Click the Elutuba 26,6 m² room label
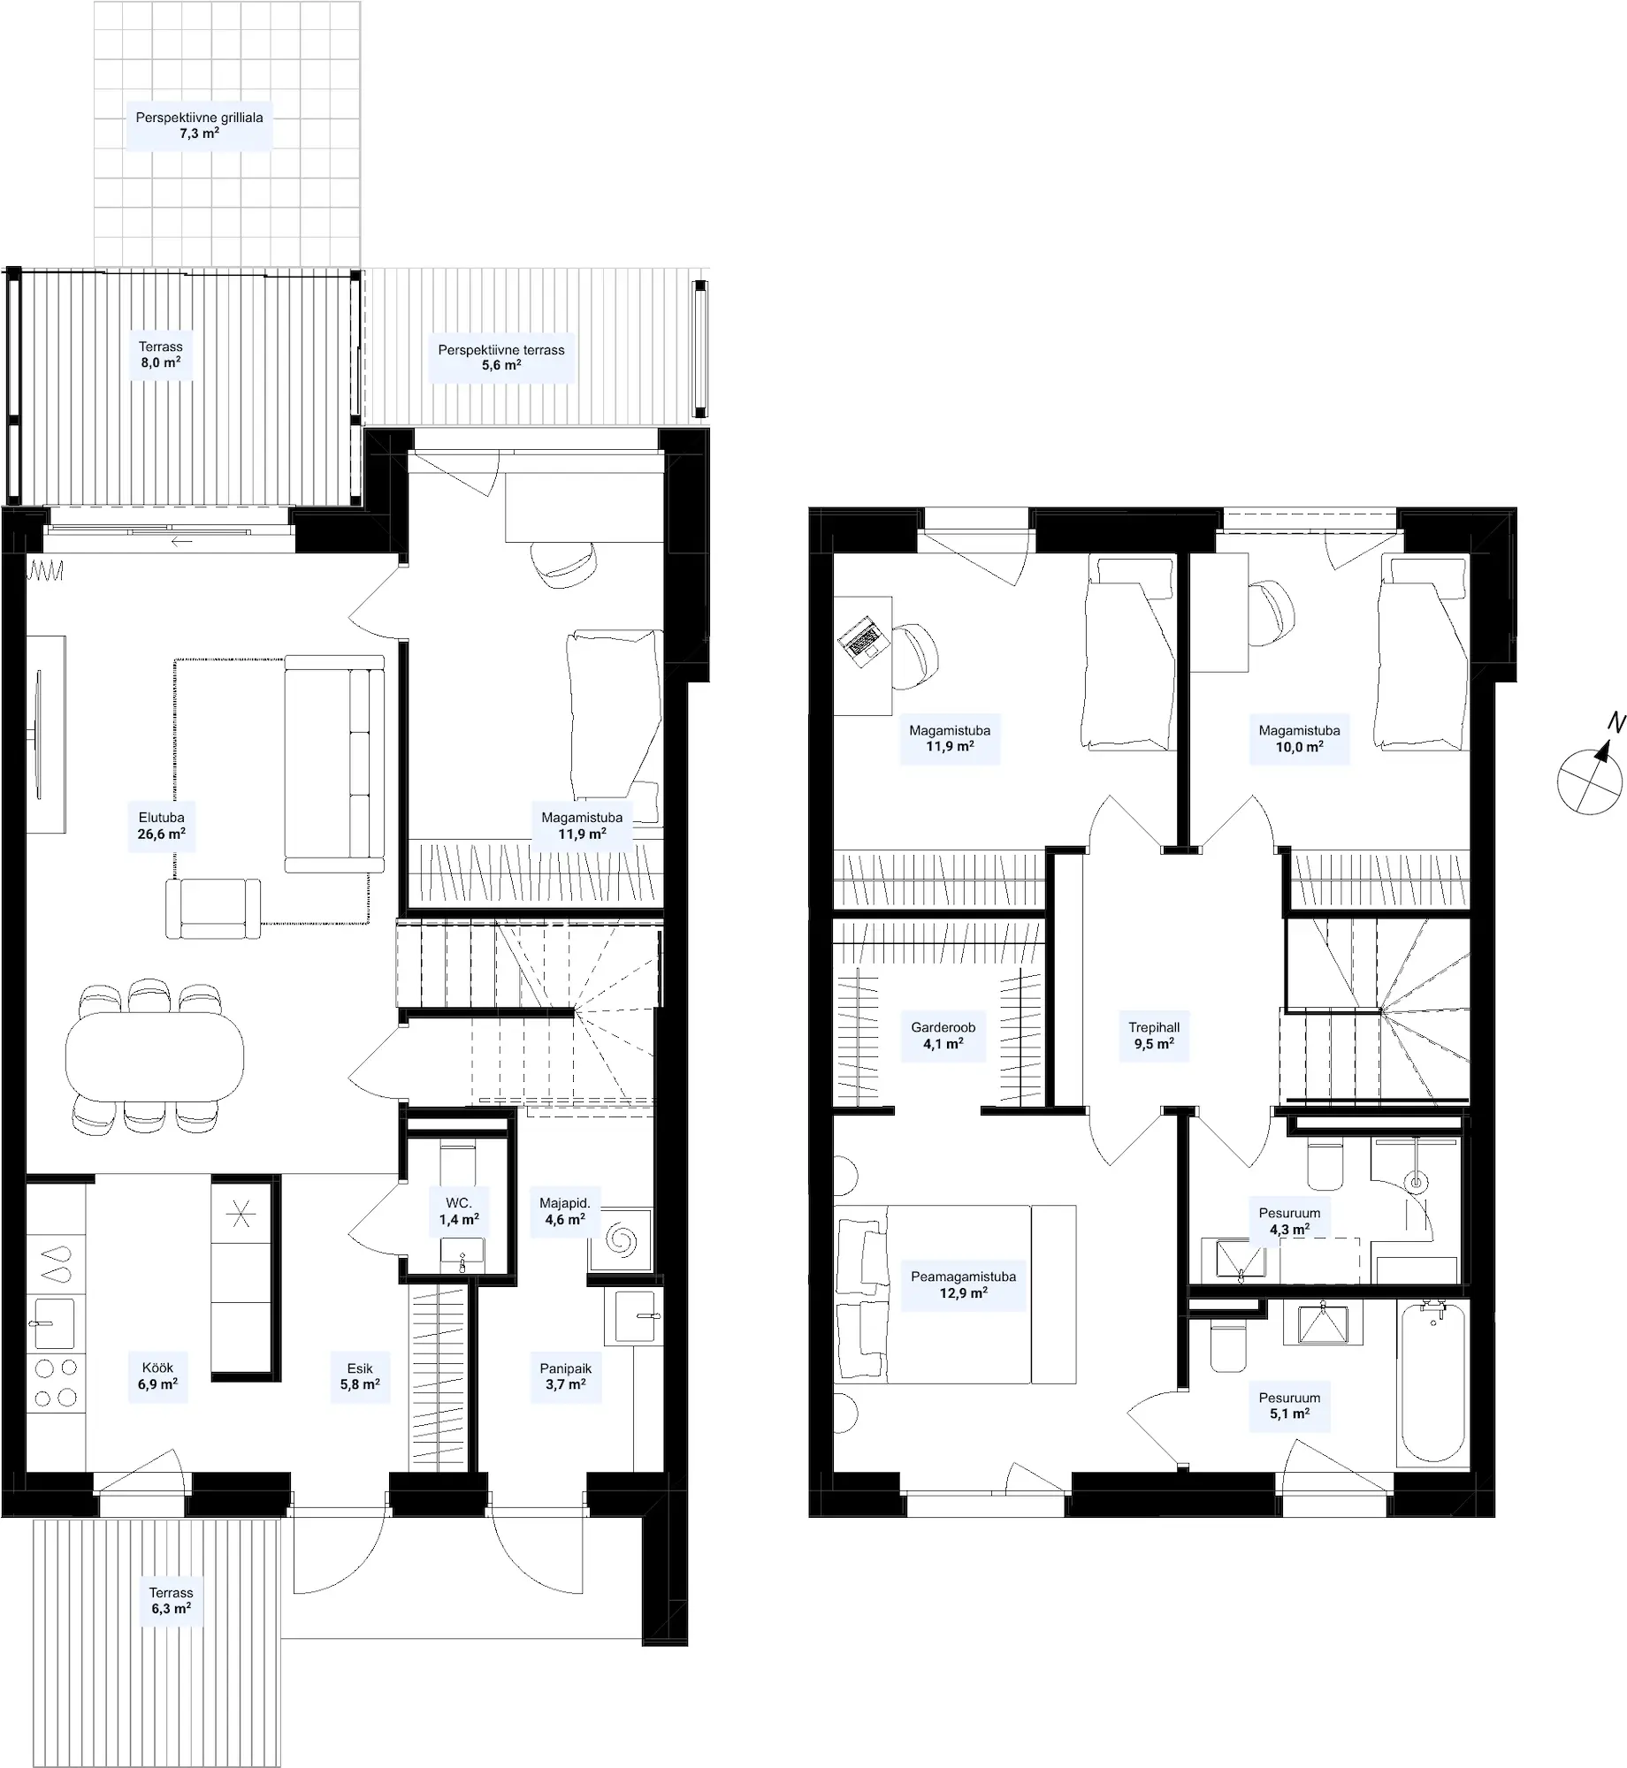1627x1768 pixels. (x=161, y=826)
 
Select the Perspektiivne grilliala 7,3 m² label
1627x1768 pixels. (x=199, y=126)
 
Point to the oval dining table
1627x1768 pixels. (x=154, y=1055)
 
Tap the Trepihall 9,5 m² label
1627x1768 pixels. (x=1154, y=1035)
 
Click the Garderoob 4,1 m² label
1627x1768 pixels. (x=943, y=1035)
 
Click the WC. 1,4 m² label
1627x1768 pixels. (x=459, y=1211)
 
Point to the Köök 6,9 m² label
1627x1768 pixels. (x=157, y=1376)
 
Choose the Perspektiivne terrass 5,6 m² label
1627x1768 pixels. (x=501, y=357)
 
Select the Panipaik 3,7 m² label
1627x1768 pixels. (x=566, y=1376)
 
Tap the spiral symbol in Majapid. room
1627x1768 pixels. (x=621, y=1242)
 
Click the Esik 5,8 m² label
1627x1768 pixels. (x=360, y=1376)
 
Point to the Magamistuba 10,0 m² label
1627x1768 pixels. (x=1299, y=738)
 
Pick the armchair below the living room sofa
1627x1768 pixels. (x=213, y=908)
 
